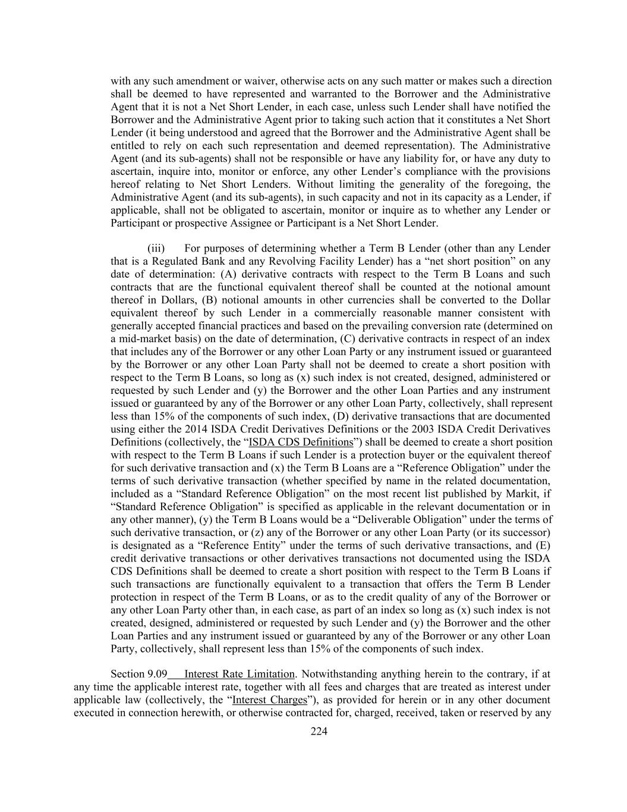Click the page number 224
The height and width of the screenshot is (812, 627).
click(x=319, y=732)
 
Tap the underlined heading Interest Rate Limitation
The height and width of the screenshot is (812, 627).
click(x=240, y=674)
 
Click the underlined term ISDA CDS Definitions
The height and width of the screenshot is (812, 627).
click(x=301, y=442)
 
